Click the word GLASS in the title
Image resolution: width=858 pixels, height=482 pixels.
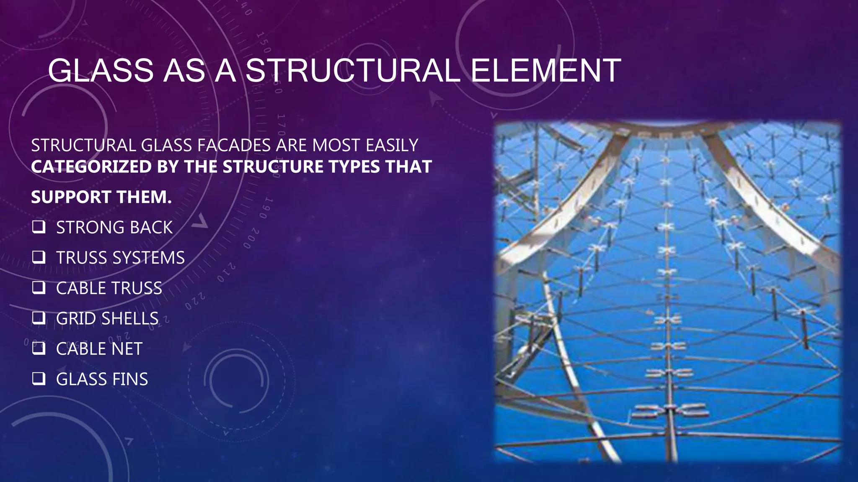101,70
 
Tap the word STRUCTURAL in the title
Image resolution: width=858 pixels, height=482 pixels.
353,70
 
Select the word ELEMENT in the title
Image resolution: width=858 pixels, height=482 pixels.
545,70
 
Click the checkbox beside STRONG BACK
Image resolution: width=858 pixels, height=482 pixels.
39,227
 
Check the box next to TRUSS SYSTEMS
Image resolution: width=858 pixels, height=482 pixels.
39,257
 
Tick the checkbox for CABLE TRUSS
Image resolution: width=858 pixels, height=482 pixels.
39,288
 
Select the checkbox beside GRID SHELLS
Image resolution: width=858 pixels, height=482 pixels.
39,318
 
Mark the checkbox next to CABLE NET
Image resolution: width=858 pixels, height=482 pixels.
39,349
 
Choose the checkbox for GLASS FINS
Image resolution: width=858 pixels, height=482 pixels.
39,379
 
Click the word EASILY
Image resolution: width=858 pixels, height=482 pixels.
392,146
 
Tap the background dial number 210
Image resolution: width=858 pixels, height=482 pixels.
226,273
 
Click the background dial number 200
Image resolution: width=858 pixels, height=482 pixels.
251,238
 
